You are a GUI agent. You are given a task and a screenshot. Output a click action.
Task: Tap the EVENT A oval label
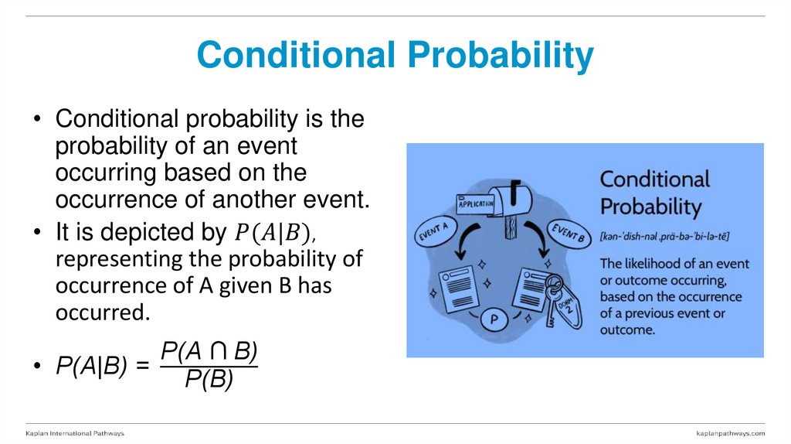click(438, 232)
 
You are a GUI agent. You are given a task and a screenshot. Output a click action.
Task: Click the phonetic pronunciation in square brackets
click(665, 235)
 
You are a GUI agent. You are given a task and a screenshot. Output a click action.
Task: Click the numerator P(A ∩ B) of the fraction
click(209, 351)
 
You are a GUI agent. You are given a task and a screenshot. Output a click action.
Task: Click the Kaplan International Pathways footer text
click(75, 433)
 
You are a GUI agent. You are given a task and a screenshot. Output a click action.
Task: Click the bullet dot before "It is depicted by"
click(37, 233)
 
